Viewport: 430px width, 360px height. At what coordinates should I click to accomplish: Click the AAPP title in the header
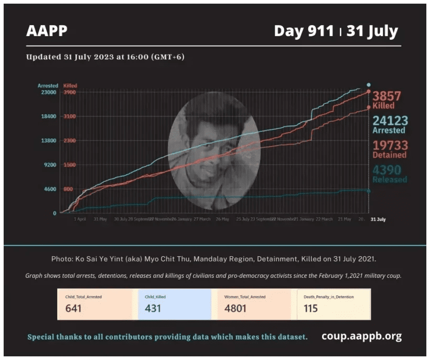pos(47,31)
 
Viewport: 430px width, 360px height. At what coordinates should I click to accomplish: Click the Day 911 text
pos(304,31)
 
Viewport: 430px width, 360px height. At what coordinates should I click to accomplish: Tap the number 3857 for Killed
pos(386,96)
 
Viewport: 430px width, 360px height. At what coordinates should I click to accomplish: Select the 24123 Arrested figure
pos(390,121)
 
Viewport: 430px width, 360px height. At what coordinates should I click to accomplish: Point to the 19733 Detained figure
pos(390,145)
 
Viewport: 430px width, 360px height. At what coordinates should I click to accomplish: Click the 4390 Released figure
pos(390,170)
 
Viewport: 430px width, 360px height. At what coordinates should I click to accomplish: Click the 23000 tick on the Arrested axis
pos(48,92)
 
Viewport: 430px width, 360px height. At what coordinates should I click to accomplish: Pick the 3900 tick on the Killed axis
pos(70,92)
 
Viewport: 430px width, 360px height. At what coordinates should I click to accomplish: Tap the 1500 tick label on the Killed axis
pos(70,165)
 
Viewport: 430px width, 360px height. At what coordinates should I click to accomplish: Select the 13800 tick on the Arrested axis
pos(48,140)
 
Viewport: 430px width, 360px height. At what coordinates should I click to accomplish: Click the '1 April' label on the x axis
pos(80,219)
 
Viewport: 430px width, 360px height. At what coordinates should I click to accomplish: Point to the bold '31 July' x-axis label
pos(378,219)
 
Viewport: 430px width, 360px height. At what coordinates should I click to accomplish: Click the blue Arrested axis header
pos(48,85)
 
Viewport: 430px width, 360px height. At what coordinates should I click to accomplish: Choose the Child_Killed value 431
pos(153,308)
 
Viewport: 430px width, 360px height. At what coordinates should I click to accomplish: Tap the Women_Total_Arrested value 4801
pos(234,308)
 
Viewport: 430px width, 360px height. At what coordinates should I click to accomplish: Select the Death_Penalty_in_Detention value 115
pos(310,308)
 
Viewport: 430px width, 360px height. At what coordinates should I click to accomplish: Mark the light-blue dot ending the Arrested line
pos(369,85)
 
